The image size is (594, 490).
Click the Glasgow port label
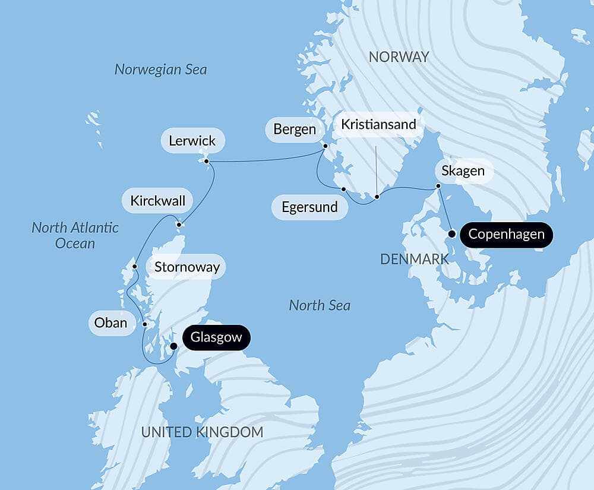pos(216,338)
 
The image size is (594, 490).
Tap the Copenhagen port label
pos(506,234)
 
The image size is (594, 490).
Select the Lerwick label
pos(192,141)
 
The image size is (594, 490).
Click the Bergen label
pos(295,129)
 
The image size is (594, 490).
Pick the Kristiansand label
pos(378,125)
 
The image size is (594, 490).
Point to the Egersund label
pos(309,207)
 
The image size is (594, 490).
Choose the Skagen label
pos(463,172)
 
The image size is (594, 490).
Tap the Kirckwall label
pos(157,201)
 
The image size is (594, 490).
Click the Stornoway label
pos(187,267)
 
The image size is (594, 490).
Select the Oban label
pos(111,323)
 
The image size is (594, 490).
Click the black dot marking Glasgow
pos(173,346)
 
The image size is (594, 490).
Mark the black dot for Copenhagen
pos(452,233)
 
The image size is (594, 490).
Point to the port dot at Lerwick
pos(206,162)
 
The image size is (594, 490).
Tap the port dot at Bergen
pos(325,146)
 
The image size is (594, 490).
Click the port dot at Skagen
pos(438,186)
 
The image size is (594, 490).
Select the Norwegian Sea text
pos(160,69)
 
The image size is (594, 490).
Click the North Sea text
pos(320,305)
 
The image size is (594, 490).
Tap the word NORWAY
pos(399,57)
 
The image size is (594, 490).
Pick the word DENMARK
pos(414,259)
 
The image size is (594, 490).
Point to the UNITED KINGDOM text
pos(202,432)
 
